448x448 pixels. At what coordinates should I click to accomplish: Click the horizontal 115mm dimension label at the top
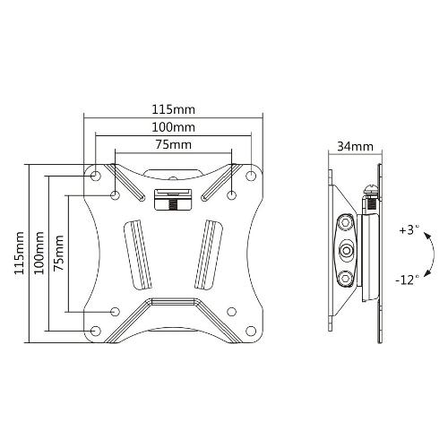[x=173, y=109]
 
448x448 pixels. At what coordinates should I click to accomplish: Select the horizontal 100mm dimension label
[x=173, y=127]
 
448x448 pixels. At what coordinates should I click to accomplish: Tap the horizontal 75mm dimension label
[x=173, y=145]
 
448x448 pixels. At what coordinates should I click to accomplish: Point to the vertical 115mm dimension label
[x=20, y=253]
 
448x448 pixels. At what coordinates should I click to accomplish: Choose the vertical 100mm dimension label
[x=39, y=253]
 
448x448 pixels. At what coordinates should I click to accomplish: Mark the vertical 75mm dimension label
[x=58, y=253]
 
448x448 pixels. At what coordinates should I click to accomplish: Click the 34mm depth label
[x=355, y=147]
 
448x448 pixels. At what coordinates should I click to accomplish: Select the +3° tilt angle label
[x=409, y=230]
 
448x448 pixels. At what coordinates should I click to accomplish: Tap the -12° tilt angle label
[x=407, y=280]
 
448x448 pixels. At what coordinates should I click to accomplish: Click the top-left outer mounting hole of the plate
[x=96, y=176]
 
